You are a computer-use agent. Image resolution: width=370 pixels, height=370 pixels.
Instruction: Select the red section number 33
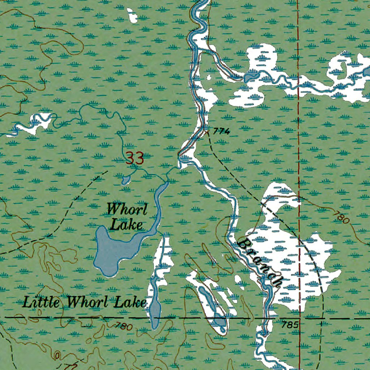135,158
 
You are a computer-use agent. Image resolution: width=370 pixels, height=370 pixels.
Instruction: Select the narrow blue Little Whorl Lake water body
155,307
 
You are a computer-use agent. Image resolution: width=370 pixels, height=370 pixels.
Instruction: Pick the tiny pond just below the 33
125,180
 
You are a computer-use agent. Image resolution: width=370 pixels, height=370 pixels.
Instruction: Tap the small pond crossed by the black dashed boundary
220,320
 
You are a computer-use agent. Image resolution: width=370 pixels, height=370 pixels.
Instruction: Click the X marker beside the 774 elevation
207,131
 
